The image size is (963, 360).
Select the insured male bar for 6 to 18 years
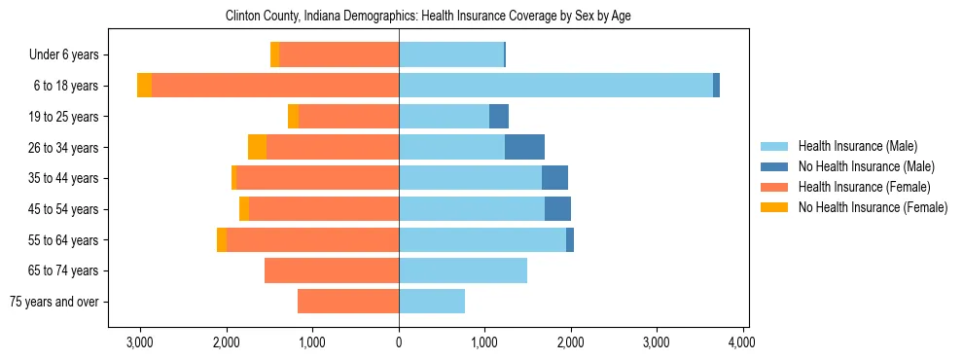coord(555,86)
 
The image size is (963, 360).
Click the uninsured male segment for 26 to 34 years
coord(524,147)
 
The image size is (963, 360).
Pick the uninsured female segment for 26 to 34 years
coord(257,147)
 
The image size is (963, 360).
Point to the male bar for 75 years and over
coord(432,302)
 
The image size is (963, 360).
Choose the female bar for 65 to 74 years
coord(332,270)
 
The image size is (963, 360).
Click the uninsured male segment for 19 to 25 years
coord(499,117)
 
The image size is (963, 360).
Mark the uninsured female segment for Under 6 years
coord(275,55)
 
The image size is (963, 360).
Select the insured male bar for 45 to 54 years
coord(472,209)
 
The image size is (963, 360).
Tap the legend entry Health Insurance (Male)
coord(857,146)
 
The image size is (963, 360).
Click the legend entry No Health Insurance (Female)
coord(873,207)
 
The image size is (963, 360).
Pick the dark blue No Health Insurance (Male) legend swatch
coord(775,166)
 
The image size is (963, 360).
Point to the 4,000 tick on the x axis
coord(743,342)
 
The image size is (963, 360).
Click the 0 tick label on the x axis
coord(399,342)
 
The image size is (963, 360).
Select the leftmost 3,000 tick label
coord(140,342)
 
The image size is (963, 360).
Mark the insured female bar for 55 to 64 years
coord(312,239)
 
